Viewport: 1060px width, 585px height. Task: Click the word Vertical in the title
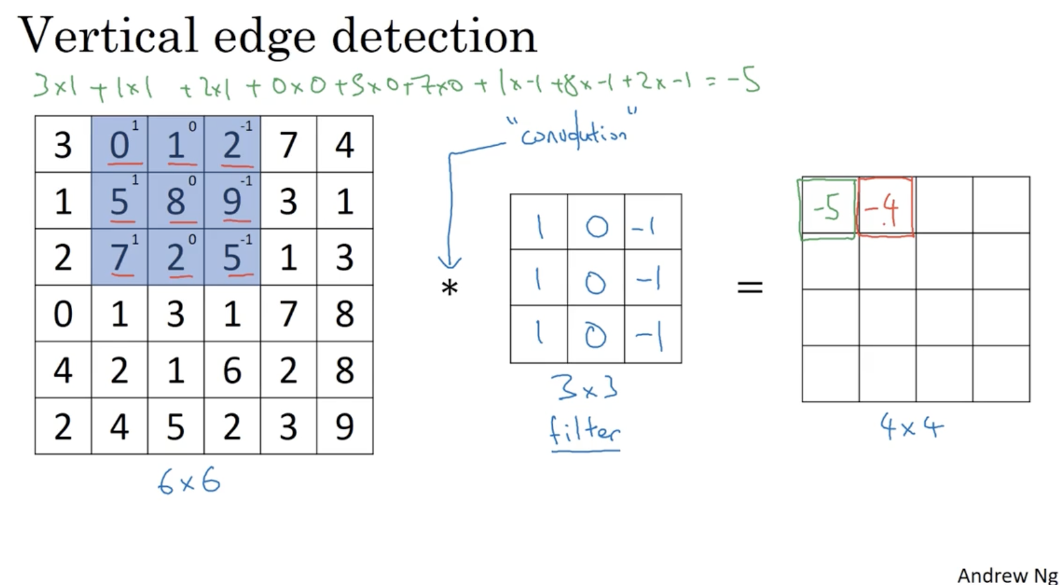click(x=108, y=35)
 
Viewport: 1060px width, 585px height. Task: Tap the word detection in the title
click(x=434, y=35)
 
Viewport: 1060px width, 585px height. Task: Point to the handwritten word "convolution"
click(x=574, y=134)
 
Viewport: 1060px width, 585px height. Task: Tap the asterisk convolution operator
click(x=450, y=289)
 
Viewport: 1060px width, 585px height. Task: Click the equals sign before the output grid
click(x=750, y=287)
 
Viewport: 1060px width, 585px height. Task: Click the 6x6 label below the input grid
click(x=189, y=483)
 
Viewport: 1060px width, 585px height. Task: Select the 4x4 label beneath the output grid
click(x=912, y=427)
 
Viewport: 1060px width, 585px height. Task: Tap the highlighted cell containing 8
click(x=176, y=201)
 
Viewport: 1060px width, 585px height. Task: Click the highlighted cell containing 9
click(x=232, y=201)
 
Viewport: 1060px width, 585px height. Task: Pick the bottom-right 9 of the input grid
click(x=344, y=427)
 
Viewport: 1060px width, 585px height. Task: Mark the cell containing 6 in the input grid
click(x=232, y=370)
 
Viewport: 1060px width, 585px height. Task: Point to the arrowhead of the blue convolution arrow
click(x=450, y=262)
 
